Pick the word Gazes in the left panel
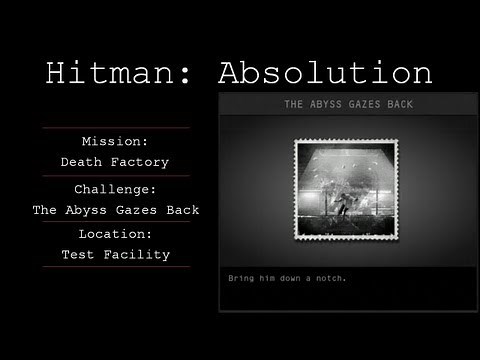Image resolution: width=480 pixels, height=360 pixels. tap(134, 209)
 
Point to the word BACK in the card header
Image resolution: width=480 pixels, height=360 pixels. tap(399, 104)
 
